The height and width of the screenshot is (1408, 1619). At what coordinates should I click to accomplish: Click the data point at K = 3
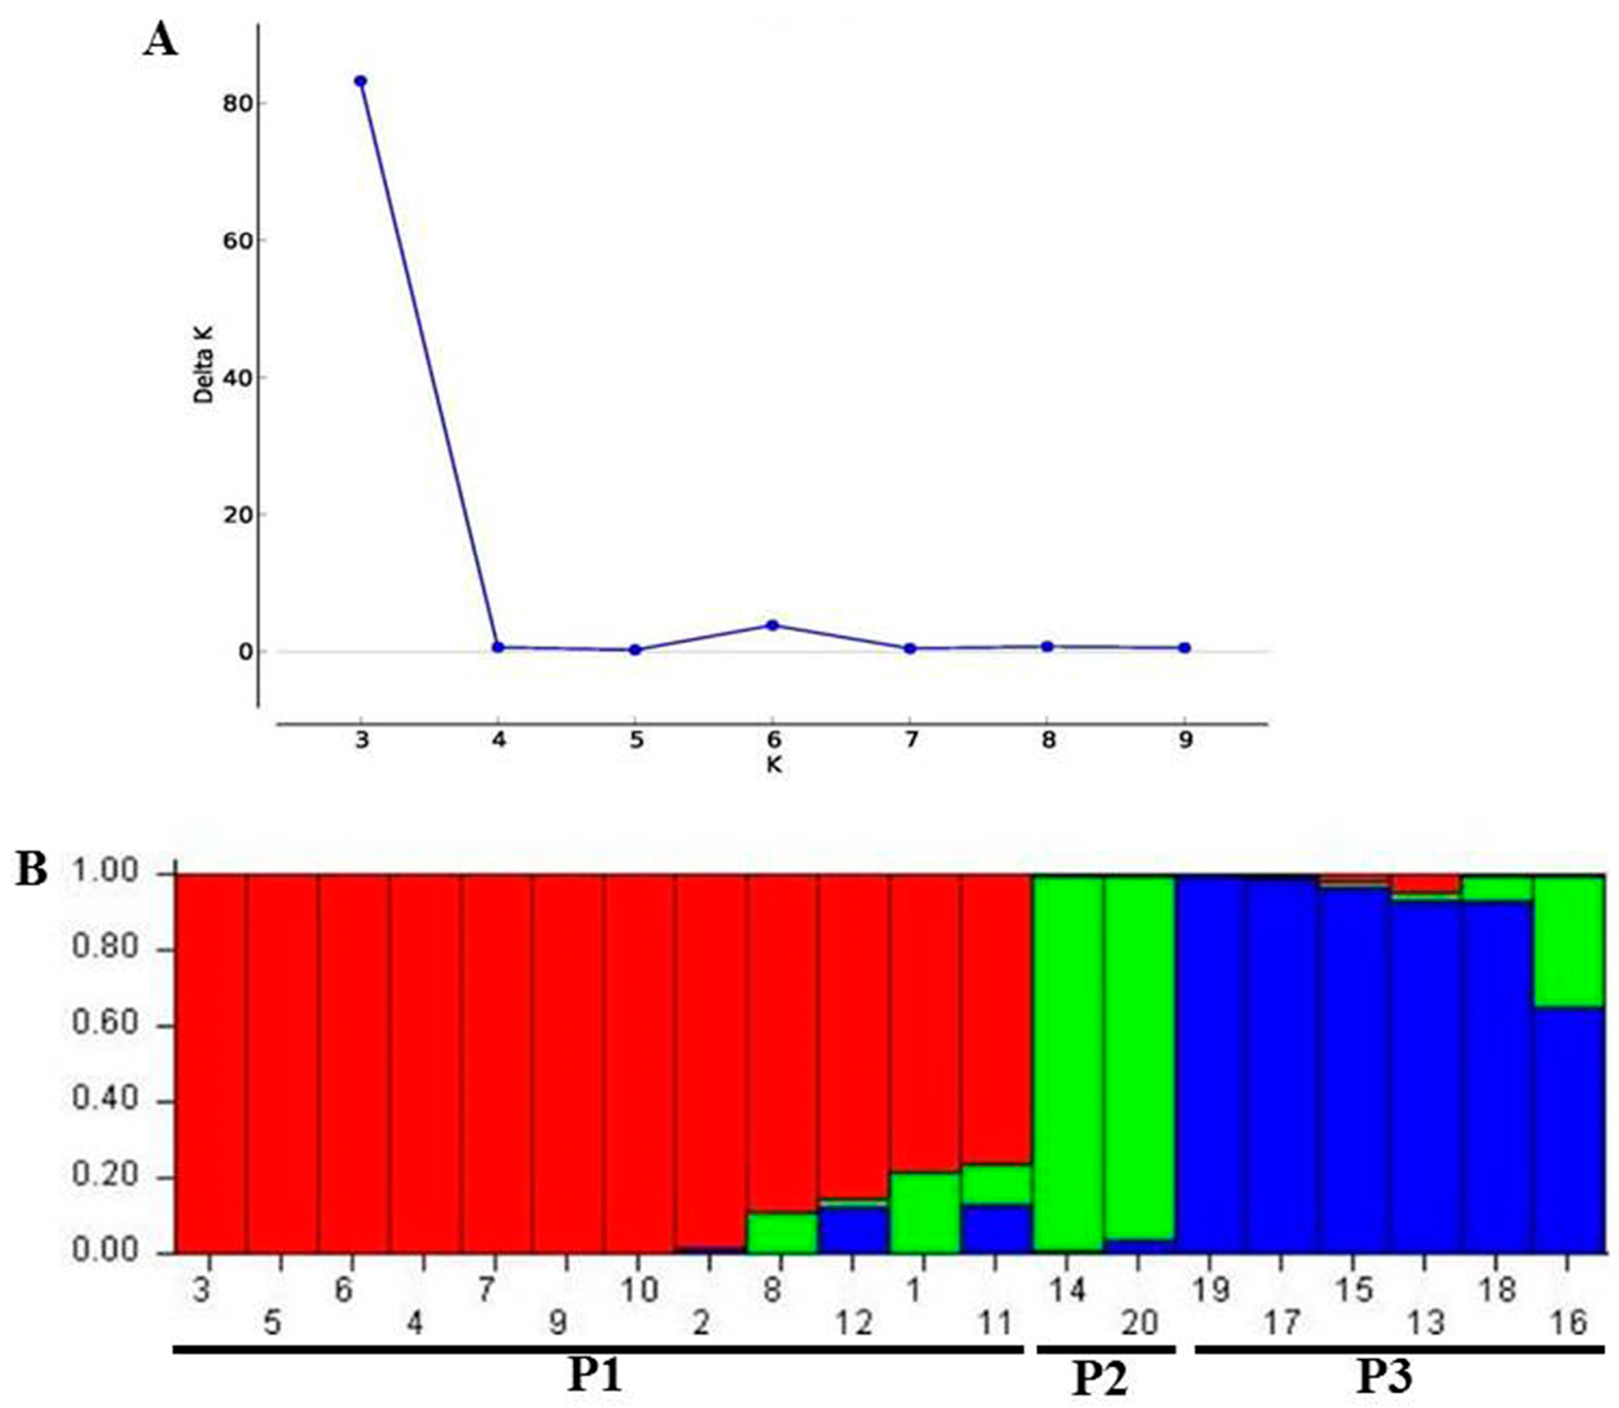pyautogui.click(x=360, y=81)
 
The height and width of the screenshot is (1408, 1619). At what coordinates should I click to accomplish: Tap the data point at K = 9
pyautogui.click(x=1184, y=648)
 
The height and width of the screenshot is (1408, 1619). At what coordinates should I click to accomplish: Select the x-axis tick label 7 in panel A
pyautogui.click(x=910, y=740)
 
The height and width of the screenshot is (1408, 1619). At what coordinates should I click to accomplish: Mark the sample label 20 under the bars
pyautogui.click(x=1139, y=1324)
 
